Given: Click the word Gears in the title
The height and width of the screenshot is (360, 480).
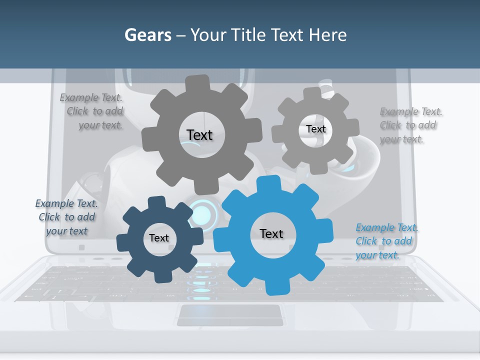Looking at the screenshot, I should [x=148, y=35].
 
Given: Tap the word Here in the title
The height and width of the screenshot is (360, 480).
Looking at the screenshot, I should [x=327, y=35].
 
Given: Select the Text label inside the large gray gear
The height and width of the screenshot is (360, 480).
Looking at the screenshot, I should [x=199, y=135].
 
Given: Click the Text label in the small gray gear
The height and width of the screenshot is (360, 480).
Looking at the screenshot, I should [x=315, y=129].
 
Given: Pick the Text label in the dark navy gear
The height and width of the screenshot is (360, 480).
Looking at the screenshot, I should [x=159, y=238].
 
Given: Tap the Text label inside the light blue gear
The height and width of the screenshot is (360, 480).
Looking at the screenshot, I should [x=271, y=233].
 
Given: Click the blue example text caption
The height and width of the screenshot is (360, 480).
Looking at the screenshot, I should [x=386, y=241].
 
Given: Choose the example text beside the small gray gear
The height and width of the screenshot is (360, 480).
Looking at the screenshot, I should [x=410, y=125].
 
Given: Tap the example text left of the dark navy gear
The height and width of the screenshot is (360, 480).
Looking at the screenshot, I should [x=66, y=217].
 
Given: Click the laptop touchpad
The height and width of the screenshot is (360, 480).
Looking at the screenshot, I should [x=228, y=314].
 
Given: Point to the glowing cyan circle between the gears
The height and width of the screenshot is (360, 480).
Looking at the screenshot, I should [x=201, y=213].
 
